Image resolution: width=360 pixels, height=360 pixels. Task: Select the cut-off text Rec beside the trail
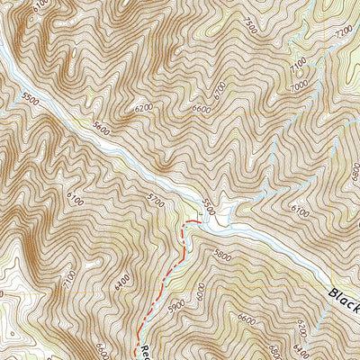click(140, 351)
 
